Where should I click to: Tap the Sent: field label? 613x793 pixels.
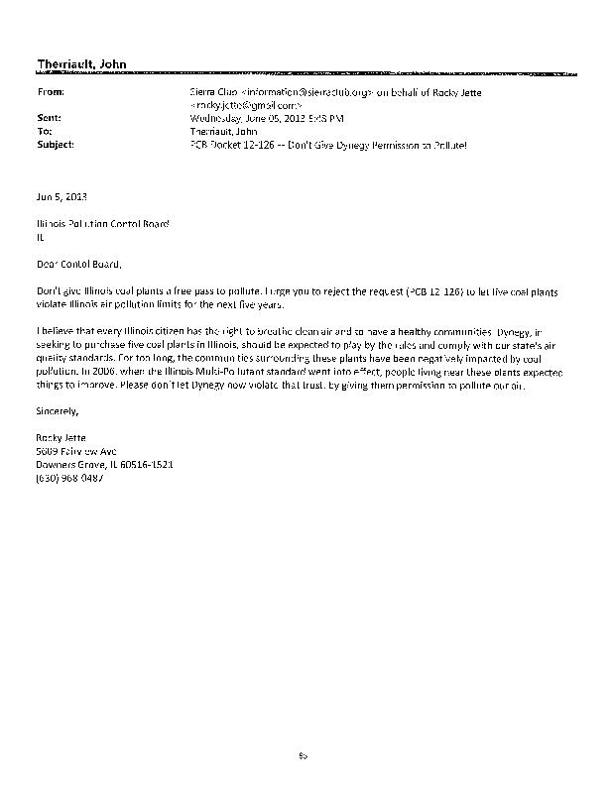(x=49, y=118)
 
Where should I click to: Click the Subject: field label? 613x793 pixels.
(x=55, y=144)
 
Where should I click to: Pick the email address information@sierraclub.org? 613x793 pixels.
(x=298, y=91)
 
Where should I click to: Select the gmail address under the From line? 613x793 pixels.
(x=238, y=104)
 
